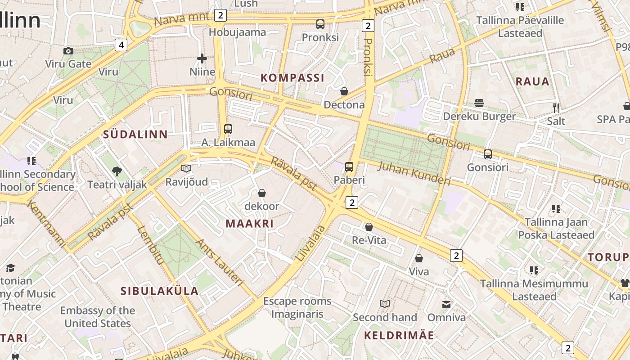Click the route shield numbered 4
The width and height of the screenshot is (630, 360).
pos(121,45)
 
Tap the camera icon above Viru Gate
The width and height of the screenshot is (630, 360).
pos(68,51)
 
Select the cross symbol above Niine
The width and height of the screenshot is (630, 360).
pos(202,58)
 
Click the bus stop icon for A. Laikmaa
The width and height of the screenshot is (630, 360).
pos(228,129)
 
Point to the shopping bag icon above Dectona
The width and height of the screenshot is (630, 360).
pos(344,91)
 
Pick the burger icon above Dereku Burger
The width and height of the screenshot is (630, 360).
pos(479,103)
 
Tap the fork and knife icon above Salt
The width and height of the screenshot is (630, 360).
pos(556,108)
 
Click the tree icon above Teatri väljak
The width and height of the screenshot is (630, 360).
pos(117,171)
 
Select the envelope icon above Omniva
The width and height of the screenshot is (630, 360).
pos(446,305)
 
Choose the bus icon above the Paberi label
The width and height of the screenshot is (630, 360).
pos(349,167)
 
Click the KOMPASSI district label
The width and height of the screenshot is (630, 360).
pos(292,78)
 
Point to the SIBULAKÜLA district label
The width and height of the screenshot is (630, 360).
pos(159,291)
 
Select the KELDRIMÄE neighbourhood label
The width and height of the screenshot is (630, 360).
pos(399,335)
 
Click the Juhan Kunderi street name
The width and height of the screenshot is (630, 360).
pos(414,173)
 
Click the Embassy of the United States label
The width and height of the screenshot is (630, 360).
pos(98,317)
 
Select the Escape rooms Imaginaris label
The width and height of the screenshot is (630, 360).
pos(297,307)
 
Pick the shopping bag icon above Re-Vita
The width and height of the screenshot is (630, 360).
pos(369,227)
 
